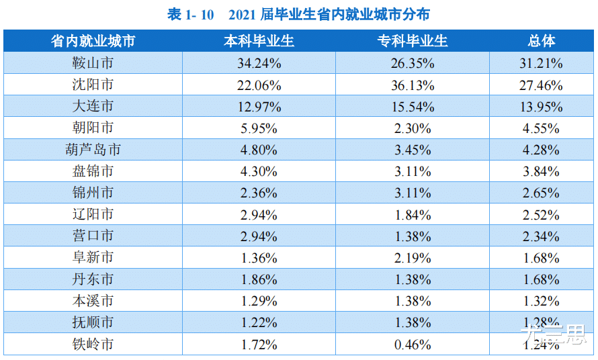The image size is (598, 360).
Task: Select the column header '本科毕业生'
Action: (259, 42)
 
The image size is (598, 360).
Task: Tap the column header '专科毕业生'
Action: (412, 42)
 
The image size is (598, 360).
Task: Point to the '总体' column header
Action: (542, 42)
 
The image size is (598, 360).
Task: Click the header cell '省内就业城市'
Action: (93, 42)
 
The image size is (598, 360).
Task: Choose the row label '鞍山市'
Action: (93, 64)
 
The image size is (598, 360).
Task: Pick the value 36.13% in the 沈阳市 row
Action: (412, 85)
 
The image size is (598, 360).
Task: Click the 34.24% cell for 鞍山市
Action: (259, 64)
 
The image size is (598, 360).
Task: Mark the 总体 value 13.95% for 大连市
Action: (542, 107)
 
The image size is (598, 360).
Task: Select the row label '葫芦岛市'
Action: (93, 150)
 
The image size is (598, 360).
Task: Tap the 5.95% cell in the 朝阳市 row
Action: (259, 128)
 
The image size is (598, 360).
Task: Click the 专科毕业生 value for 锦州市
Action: (412, 193)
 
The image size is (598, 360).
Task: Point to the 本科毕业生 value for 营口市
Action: (259, 236)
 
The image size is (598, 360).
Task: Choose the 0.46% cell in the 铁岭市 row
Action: (412, 345)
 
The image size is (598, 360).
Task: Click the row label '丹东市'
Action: (93, 279)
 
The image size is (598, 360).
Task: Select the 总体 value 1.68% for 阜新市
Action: (542, 258)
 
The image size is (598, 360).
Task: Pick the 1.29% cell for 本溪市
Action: (259, 301)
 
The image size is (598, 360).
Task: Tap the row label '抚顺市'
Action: (93, 323)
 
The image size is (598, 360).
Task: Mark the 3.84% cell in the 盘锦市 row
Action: (542, 172)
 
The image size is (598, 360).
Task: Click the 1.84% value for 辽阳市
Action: (412, 215)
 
